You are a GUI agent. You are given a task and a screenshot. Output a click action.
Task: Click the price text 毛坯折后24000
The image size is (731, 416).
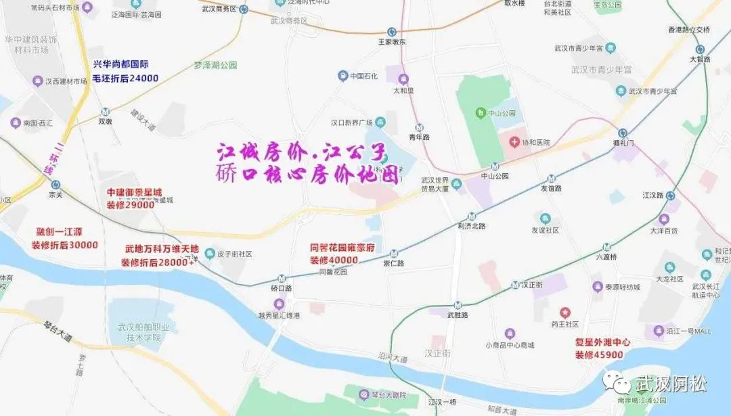125,78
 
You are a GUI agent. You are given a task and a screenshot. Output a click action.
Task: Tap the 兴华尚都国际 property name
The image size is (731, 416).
120,65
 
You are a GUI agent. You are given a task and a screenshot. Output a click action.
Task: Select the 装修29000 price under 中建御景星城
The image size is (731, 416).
130,204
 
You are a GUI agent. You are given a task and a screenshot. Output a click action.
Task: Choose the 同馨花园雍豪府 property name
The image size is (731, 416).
342,248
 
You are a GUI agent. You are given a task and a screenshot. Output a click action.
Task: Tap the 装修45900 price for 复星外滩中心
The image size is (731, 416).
599,355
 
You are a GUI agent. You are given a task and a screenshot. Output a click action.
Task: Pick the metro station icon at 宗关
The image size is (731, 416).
56,185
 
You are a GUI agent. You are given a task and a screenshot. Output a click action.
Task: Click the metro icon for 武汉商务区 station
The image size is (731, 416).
244,9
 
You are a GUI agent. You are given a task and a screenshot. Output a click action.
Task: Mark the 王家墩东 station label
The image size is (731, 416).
391,42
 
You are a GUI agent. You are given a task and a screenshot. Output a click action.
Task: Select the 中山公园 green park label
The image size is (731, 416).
502,113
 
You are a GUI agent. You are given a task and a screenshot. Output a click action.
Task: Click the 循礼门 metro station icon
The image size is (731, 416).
622,133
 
